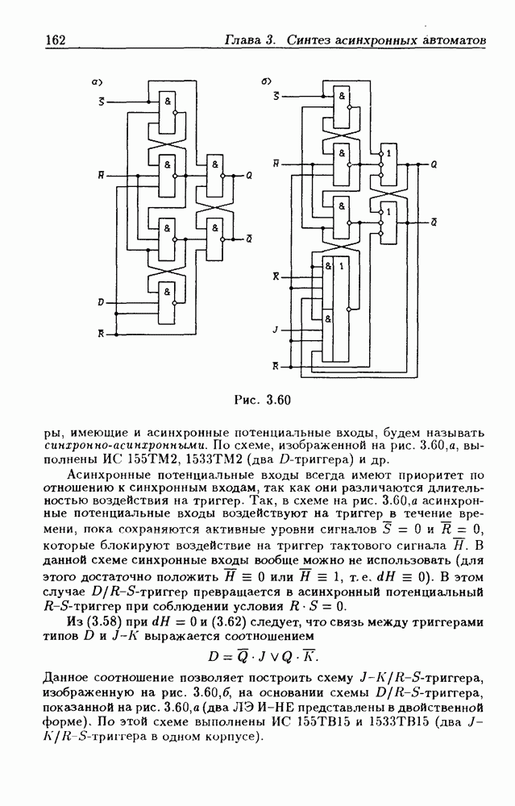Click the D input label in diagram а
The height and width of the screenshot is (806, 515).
click(101, 302)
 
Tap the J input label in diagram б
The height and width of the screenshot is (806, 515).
click(275, 330)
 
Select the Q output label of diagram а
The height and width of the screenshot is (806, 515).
click(248, 174)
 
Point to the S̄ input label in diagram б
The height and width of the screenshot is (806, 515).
click(276, 96)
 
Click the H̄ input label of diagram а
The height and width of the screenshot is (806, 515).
click(100, 174)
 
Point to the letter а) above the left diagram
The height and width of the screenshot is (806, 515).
click(95, 81)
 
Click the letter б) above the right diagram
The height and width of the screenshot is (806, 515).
click(267, 81)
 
